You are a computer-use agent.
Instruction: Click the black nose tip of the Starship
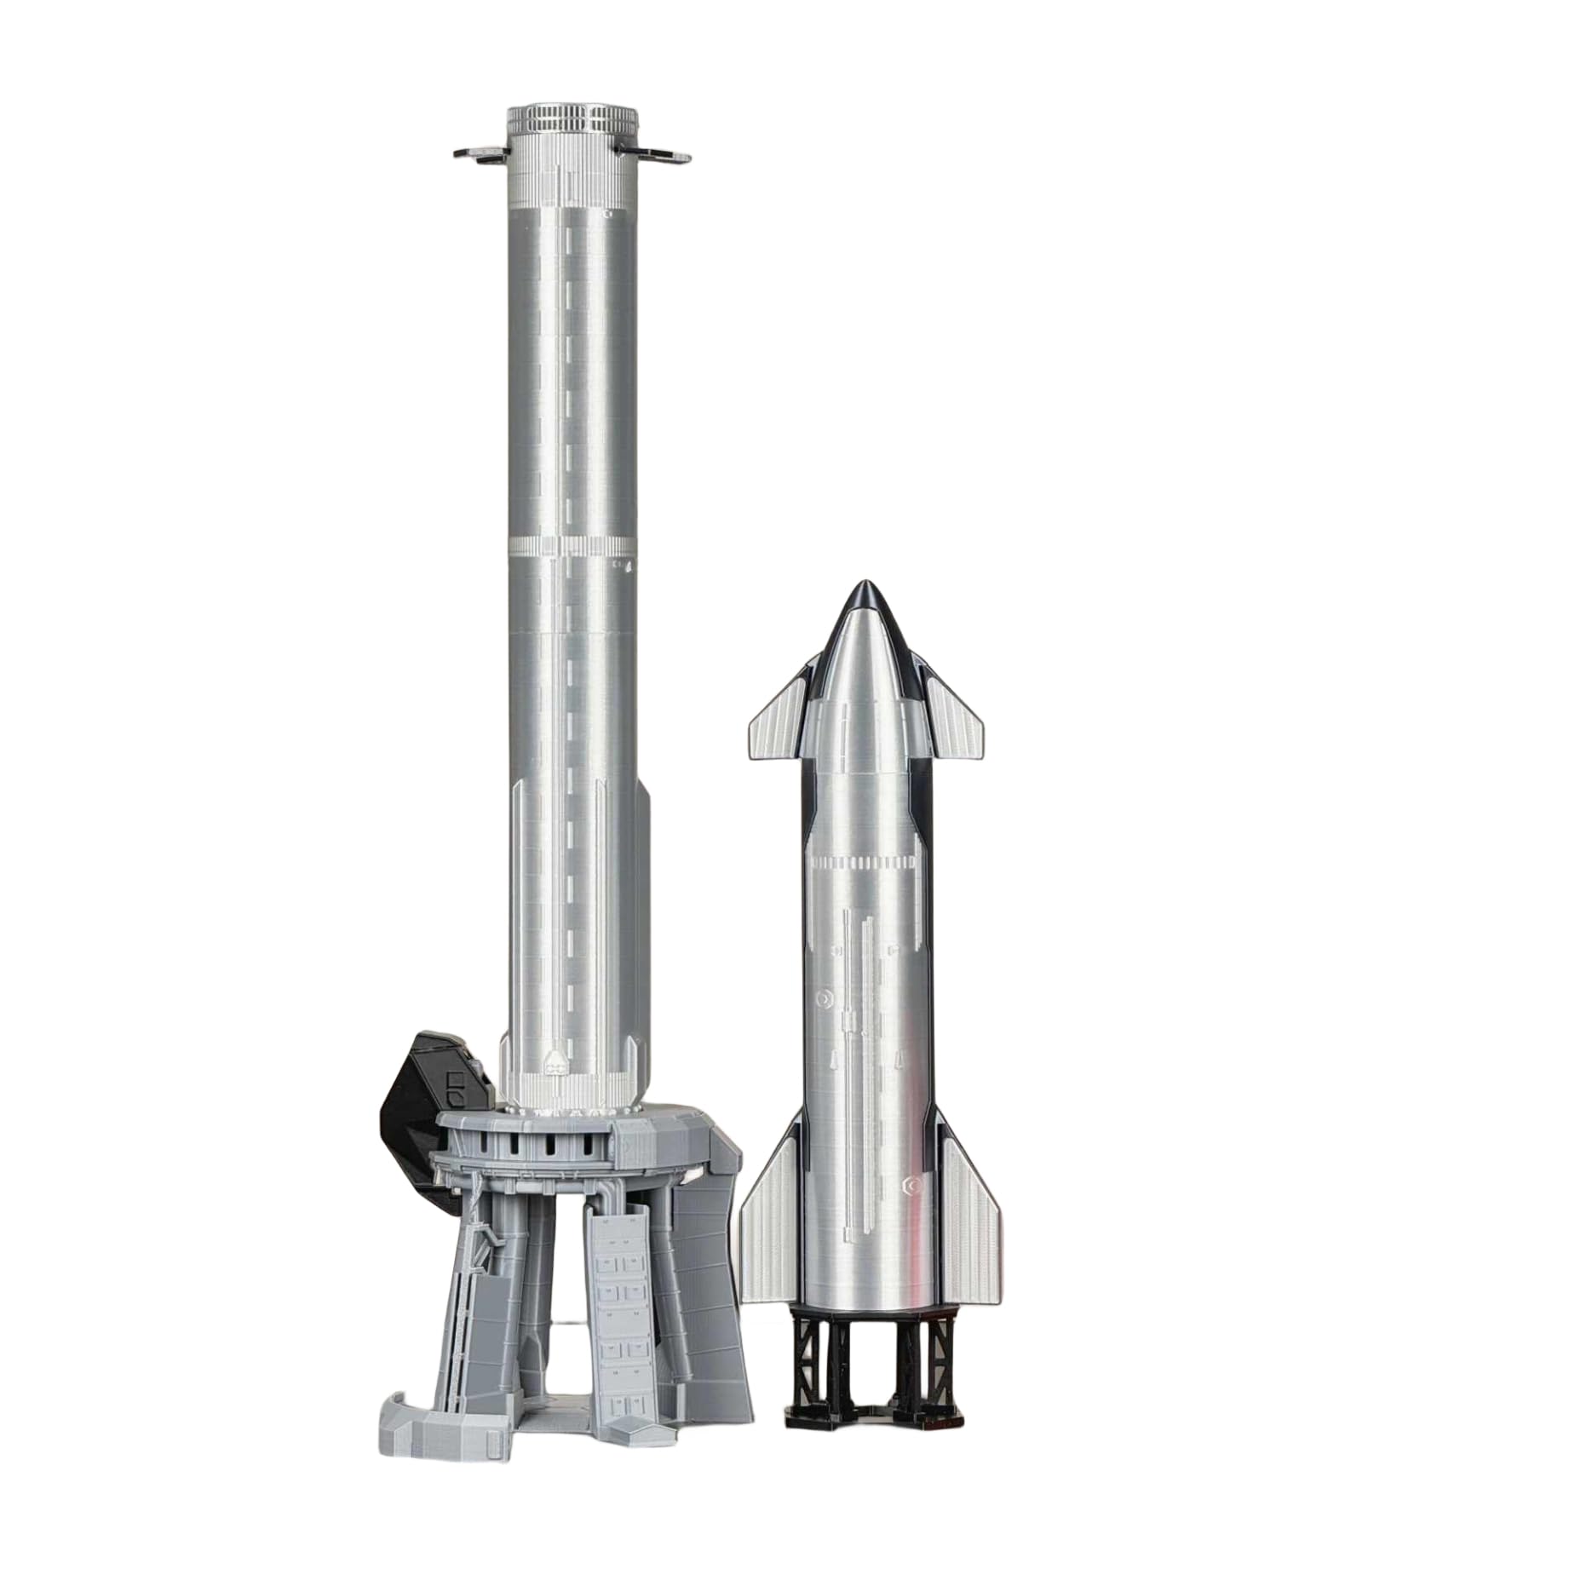click(866, 593)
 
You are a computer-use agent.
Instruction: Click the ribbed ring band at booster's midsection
click(571, 544)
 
